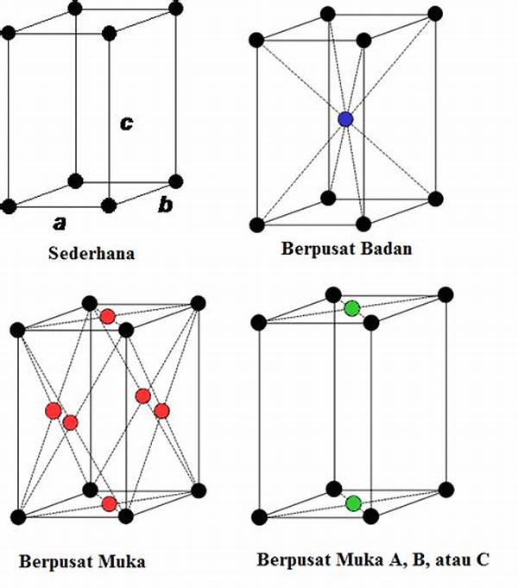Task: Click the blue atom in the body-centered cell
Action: [x=345, y=120]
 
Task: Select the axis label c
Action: [x=126, y=123]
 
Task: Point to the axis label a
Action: [x=59, y=223]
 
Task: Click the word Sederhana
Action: [x=94, y=254]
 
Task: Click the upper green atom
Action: [x=352, y=308]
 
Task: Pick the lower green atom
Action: [x=352, y=503]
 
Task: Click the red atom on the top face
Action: [x=107, y=317]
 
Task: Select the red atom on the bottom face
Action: [x=109, y=503]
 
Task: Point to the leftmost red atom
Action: [x=53, y=410]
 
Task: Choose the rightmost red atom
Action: [x=161, y=410]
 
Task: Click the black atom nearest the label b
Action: [x=176, y=181]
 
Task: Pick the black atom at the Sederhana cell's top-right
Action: [x=176, y=9]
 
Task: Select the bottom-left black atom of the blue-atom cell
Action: [x=256, y=224]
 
